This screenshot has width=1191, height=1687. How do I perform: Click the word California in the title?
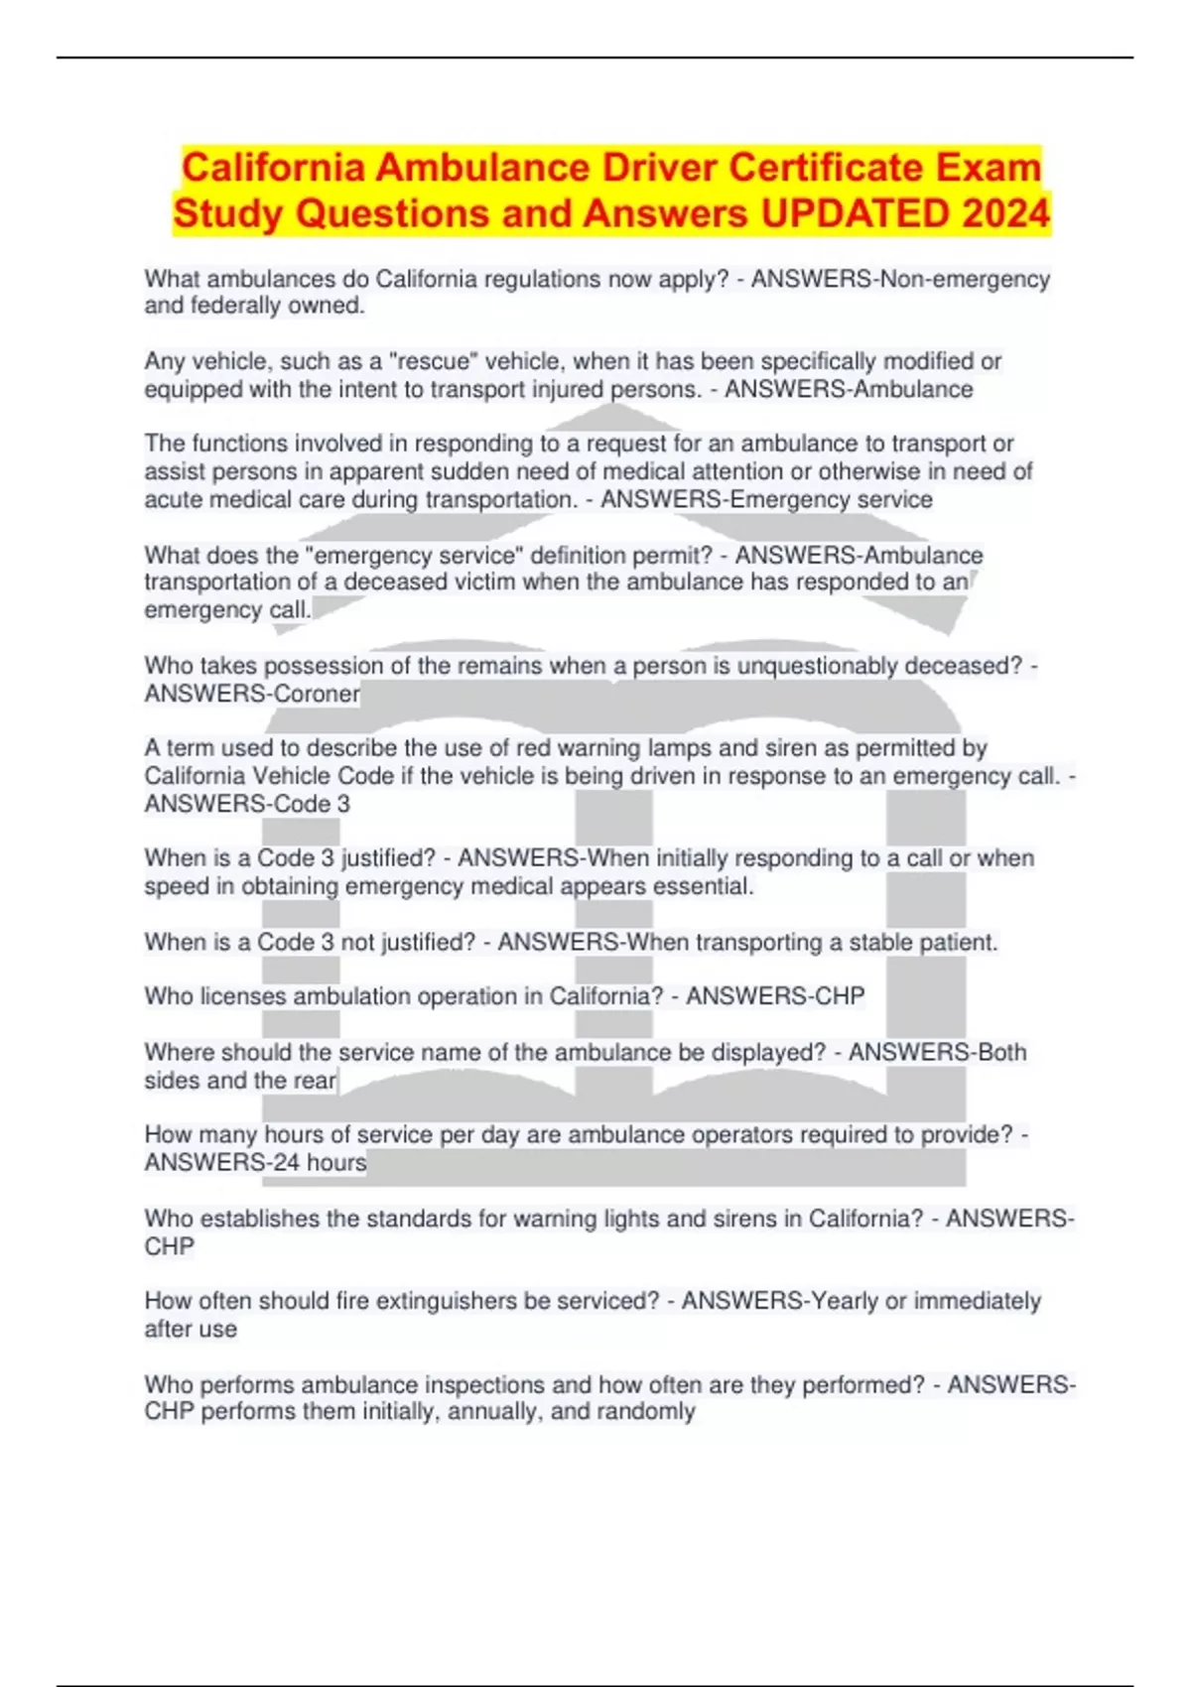[272, 168]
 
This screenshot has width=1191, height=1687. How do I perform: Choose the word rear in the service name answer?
[315, 1080]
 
